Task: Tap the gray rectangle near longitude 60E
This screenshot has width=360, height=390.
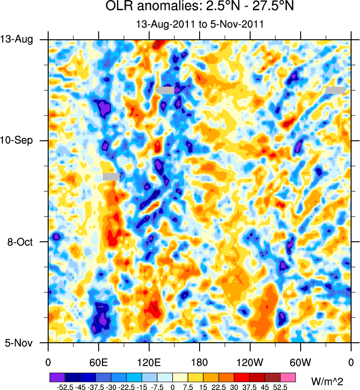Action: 111,176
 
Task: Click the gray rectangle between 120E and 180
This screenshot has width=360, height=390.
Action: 166,90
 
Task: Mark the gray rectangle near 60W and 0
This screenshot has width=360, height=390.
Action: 336,90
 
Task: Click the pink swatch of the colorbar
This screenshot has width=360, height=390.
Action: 288,376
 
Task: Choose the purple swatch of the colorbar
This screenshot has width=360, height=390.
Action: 57,376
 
